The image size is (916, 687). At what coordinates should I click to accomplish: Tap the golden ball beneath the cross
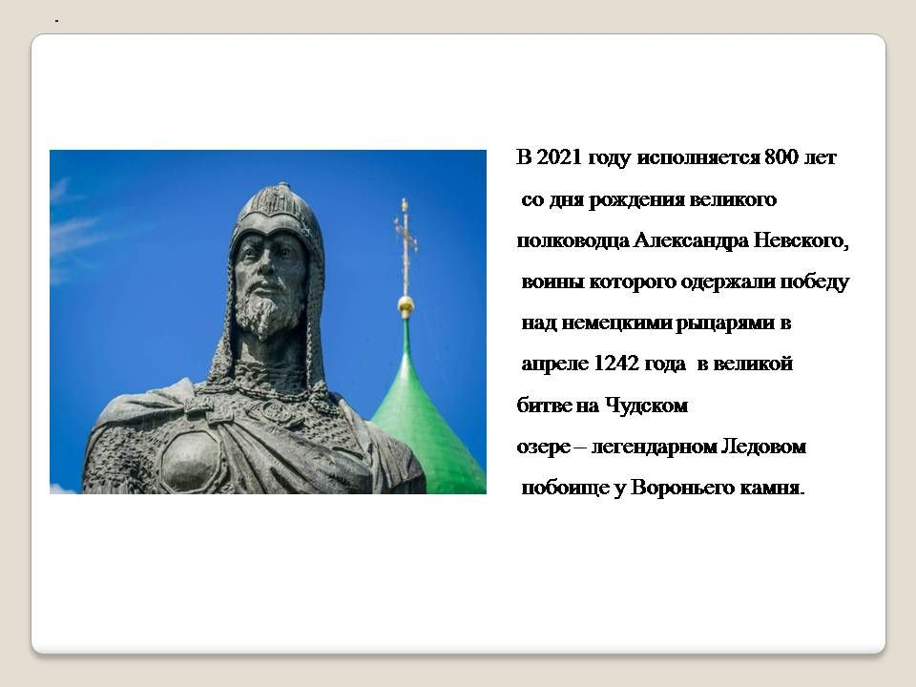(406, 306)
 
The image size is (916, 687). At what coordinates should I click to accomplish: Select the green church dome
(420, 410)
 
